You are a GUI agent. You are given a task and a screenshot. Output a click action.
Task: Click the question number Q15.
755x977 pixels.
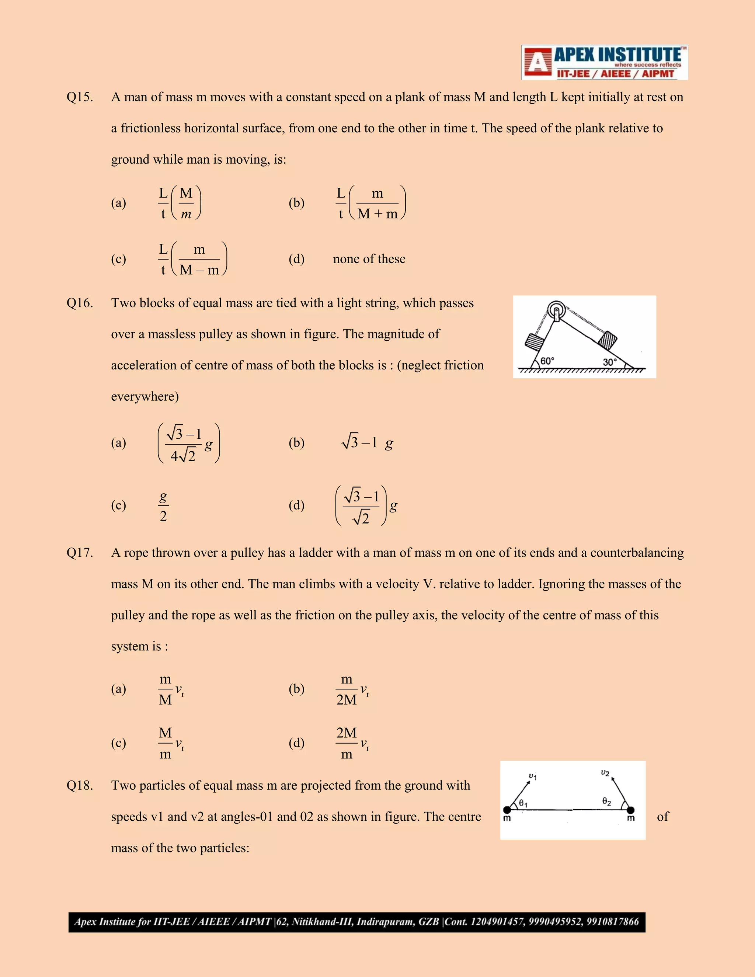80,97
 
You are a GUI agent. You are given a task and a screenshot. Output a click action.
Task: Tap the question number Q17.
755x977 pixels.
80,553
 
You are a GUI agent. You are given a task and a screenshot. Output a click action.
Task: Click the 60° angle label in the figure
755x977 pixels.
547,361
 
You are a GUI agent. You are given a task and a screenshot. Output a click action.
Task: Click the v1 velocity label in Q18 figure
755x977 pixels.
533,776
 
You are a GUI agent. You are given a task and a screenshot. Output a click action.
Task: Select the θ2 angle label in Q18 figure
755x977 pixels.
606,801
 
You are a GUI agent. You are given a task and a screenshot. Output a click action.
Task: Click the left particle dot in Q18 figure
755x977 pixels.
507,810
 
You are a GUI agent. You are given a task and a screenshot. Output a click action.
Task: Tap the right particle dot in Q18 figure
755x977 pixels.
631,810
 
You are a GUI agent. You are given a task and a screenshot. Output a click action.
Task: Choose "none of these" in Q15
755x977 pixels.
369,259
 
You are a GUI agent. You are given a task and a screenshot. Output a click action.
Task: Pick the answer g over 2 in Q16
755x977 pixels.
163,506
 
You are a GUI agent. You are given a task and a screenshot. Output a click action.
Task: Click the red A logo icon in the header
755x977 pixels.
537,63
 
